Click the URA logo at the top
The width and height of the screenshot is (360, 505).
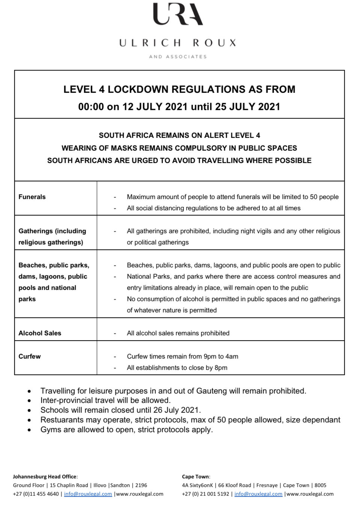click(178, 14)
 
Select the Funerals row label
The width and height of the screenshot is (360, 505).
click(32, 197)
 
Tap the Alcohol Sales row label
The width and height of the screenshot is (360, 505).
click(40, 333)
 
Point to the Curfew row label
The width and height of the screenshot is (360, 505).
click(30, 356)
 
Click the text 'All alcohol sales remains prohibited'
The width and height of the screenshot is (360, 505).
click(178, 333)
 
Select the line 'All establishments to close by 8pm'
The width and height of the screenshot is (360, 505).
click(177, 368)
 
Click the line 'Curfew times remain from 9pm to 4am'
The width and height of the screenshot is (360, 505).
click(182, 356)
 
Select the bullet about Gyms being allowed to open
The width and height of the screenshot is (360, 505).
click(127, 430)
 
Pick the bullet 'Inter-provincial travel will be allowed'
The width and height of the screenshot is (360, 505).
click(105, 400)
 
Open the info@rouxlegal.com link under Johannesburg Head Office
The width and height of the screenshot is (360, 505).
click(88, 494)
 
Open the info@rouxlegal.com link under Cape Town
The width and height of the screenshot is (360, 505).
click(258, 494)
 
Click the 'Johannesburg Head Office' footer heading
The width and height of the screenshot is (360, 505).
click(45, 476)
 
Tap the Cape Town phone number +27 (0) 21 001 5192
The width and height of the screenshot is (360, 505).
click(205, 494)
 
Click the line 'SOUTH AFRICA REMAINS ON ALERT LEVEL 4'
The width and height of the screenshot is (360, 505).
click(179, 135)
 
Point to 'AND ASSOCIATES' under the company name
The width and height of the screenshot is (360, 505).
click(178, 57)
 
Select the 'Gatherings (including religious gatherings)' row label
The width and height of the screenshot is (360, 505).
click(52, 237)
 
